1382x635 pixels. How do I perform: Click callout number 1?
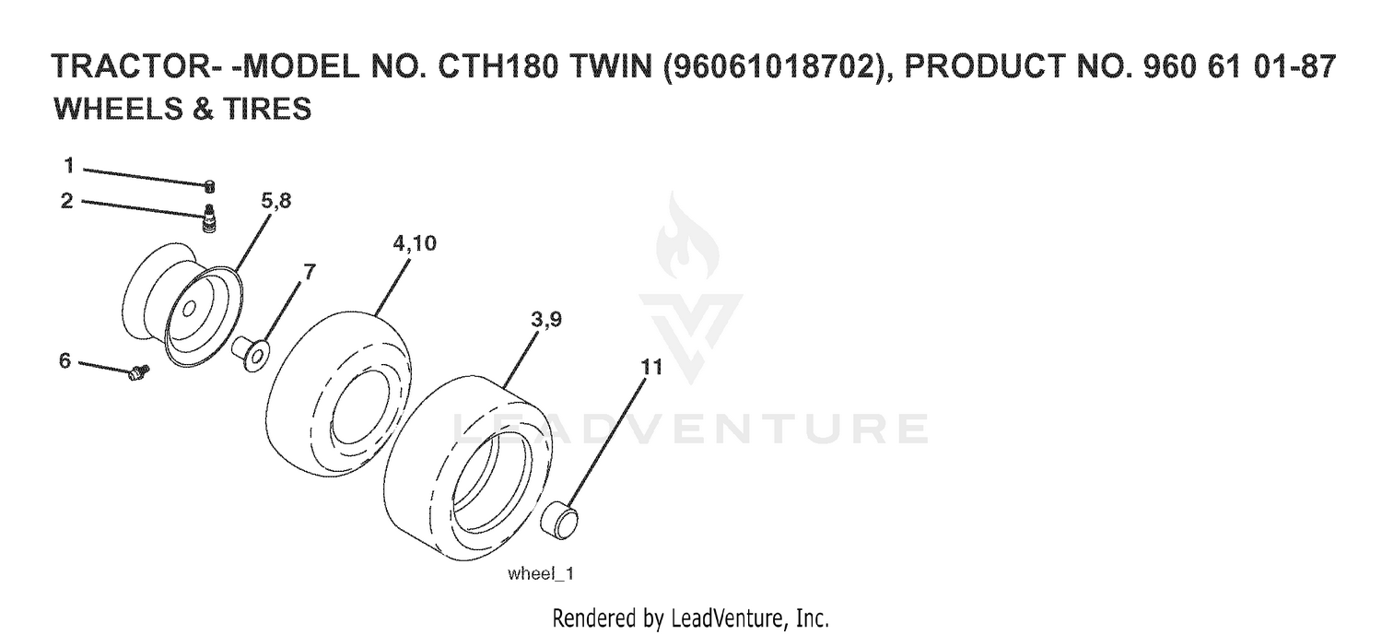click(x=69, y=165)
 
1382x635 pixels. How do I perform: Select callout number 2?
click(x=67, y=201)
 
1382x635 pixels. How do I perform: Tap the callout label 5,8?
click(x=275, y=201)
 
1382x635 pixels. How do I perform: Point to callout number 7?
click(x=310, y=271)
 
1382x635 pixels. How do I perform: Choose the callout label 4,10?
click(x=415, y=243)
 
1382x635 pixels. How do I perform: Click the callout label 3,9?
click(x=546, y=319)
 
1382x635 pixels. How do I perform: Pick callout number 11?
click(x=651, y=367)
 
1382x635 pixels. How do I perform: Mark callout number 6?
click(x=65, y=360)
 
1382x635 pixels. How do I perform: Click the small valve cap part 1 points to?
click(x=210, y=186)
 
